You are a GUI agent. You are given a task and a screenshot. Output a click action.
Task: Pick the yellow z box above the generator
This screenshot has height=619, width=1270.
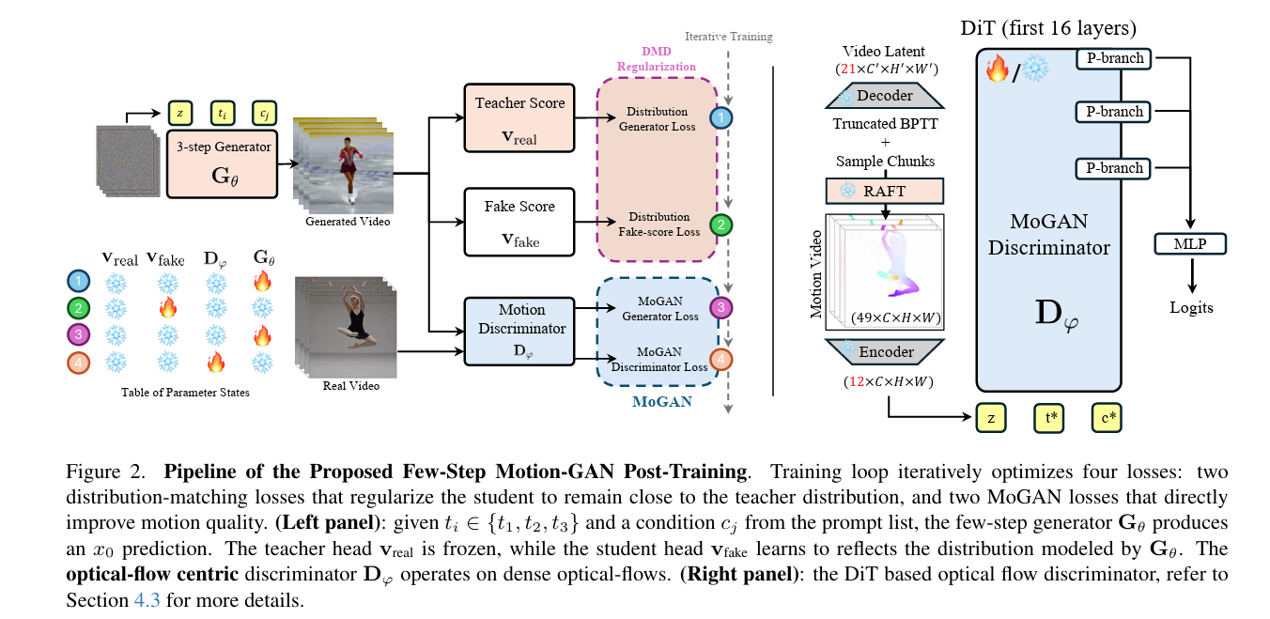(178, 112)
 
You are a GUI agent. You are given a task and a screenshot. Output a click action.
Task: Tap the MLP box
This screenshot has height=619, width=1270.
(1190, 245)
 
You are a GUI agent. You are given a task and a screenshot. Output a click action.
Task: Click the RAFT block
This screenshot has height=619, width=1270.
(882, 191)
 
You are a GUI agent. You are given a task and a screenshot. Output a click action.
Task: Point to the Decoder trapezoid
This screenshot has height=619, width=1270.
(882, 96)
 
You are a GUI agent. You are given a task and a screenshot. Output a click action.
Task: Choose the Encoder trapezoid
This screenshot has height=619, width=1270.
(882, 351)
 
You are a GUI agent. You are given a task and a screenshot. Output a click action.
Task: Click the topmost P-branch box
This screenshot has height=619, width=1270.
(1114, 59)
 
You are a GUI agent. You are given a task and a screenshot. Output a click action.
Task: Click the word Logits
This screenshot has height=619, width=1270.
(1190, 307)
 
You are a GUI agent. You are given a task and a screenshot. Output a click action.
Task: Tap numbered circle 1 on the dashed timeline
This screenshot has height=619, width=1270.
(720, 118)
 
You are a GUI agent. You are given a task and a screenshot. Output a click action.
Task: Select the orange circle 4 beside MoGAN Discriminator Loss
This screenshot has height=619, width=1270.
(720, 358)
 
